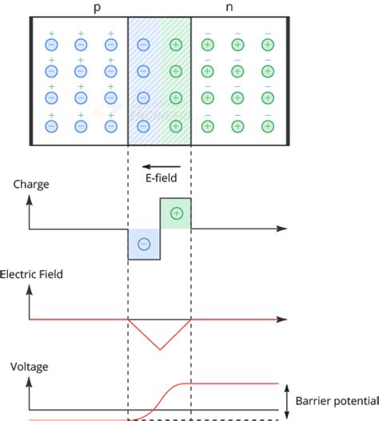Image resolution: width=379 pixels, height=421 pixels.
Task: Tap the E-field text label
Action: click(x=161, y=177)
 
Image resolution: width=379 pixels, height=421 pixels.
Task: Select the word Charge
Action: click(x=31, y=184)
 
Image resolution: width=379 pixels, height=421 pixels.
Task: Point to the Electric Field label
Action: click(x=31, y=274)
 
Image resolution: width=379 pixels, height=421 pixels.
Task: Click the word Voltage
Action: click(x=30, y=367)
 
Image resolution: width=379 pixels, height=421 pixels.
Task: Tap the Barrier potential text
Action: click(x=335, y=400)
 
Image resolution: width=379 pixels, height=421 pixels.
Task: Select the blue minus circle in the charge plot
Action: click(x=144, y=244)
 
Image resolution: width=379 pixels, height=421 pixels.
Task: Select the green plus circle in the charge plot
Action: click(x=176, y=213)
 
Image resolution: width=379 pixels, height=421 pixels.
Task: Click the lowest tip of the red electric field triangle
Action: click(x=160, y=349)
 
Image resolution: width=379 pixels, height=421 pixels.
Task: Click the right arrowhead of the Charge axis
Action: click(x=283, y=229)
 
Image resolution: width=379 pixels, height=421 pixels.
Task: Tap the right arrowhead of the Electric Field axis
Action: click(x=283, y=320)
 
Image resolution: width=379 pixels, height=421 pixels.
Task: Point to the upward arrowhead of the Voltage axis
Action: click(x=30, y=381)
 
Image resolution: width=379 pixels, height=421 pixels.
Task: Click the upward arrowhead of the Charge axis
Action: click(x=30, y=200)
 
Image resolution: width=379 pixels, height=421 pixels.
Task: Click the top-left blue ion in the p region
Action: click(x=50, y=45)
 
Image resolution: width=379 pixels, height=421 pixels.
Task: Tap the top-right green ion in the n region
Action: click(x=268, y=45)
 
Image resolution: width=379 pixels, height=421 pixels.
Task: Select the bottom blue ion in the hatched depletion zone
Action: click(x=144, y=125)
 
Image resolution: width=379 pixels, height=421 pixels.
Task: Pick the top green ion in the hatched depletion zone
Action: click(x=176, y=45)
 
